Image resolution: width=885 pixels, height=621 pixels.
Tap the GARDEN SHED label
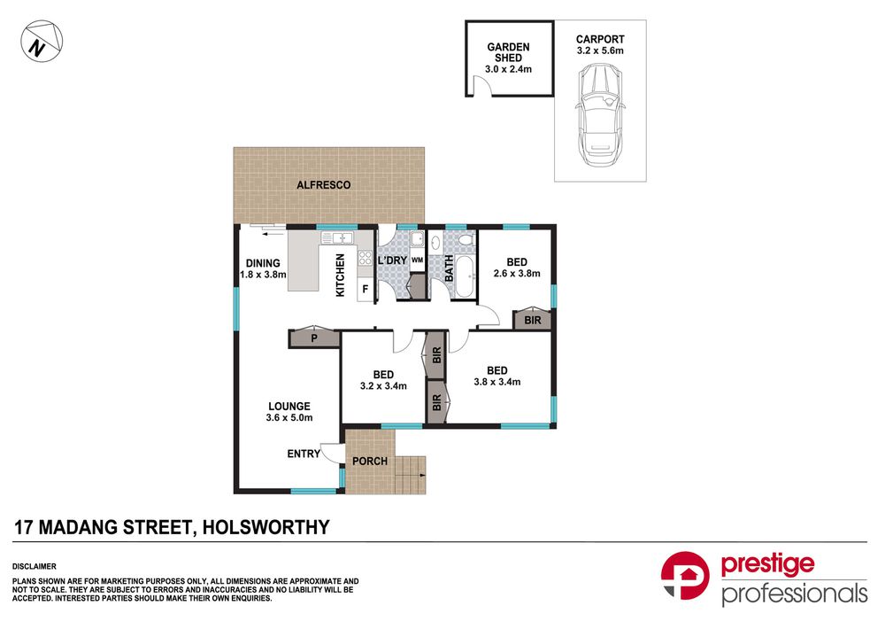(x=507, y=53)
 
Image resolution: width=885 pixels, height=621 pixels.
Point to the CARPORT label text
(x=599, y=39)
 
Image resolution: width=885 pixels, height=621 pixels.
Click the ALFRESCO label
(x=323, y=185)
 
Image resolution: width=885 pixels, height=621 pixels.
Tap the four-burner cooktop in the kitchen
(x=365, y=259)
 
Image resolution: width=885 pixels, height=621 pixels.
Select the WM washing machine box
(x=417, y=260)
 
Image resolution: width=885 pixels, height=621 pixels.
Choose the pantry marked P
(x=314, y=338)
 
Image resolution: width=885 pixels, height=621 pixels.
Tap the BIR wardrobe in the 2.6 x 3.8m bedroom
(x=532, y=320)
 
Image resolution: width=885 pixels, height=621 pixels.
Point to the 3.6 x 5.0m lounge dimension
(x=289, y=418)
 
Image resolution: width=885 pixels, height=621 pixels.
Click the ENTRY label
(x=304, y=454)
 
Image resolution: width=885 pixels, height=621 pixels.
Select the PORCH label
(x=370, y=462)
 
